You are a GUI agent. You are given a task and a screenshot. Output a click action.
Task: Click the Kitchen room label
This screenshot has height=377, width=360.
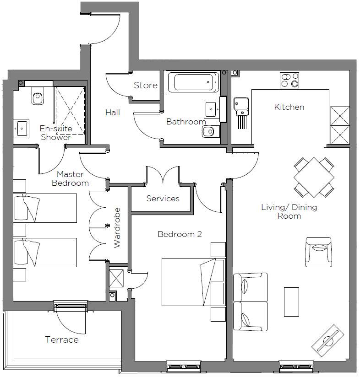coord(289,107)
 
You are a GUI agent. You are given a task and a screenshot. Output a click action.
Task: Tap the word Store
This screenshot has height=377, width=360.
coord(146,85)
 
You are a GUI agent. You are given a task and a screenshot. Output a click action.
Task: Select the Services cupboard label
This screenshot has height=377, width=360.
coord(163,199)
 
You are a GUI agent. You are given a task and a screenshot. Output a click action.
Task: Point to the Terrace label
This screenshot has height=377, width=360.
coord(62,339)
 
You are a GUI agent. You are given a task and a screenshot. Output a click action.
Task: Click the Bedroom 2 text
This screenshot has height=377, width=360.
coord(180,234)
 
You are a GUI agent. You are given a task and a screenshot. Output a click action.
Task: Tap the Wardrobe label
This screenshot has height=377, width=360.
coord(117,234)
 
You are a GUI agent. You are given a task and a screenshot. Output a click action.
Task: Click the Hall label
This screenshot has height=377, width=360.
coord(112,112)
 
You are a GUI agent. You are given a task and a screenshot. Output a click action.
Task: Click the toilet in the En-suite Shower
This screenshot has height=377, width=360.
coord(37,96)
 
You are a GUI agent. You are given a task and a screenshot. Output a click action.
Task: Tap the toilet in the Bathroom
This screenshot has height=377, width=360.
coord(208,132)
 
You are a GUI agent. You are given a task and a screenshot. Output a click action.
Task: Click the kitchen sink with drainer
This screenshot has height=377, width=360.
coord(240,106)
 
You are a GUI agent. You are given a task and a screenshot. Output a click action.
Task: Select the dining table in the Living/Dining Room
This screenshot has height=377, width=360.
coord(314,177)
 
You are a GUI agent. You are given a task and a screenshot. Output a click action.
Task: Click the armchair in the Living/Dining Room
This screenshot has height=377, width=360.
coord(319,252)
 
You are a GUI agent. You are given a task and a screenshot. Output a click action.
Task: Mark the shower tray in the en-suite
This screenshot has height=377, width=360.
coord(71,109)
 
